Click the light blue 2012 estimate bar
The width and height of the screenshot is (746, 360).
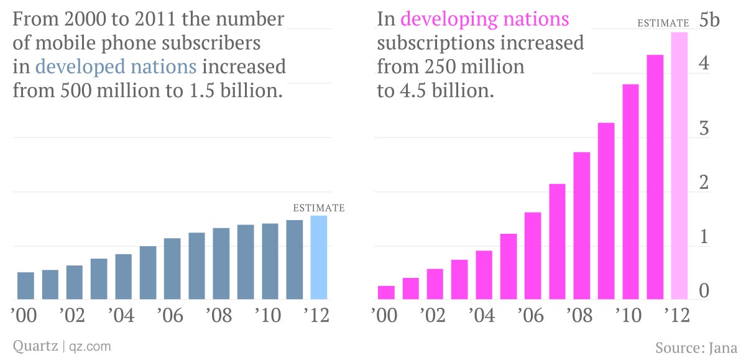tap(318, 257)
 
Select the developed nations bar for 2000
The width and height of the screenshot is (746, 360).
tap(25, 285)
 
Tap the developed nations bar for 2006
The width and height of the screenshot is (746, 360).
tap(172, 269)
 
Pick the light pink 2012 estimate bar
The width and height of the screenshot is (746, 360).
tap(679, 165)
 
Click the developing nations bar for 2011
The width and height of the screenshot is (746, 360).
tap(655, 177)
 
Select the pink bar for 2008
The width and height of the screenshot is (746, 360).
tap(581, 226)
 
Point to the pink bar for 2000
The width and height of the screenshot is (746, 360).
tap(386, 292)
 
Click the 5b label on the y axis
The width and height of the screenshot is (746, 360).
tap(709, 20)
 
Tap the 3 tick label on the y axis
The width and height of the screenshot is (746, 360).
tap(704, 129)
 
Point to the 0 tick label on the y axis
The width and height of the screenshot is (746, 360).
tap(704, 291)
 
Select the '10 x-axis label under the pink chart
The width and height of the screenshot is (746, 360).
tap(629, 315)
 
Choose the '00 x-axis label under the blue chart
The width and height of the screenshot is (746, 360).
tap(24, 315)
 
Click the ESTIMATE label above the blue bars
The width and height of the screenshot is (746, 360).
tap(318, 208)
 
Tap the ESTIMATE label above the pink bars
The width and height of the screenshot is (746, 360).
tap(663, 24)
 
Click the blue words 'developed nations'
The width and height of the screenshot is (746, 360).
tap(116, 67)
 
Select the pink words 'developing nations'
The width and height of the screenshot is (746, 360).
tap(485, 19)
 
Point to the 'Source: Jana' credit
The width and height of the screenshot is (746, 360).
tap(696, 346)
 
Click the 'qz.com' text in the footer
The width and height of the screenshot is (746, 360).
tap(90, 345)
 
